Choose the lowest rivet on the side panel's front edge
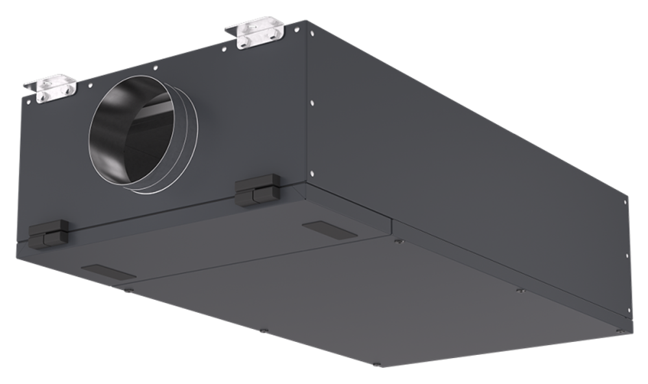(313, 173)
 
